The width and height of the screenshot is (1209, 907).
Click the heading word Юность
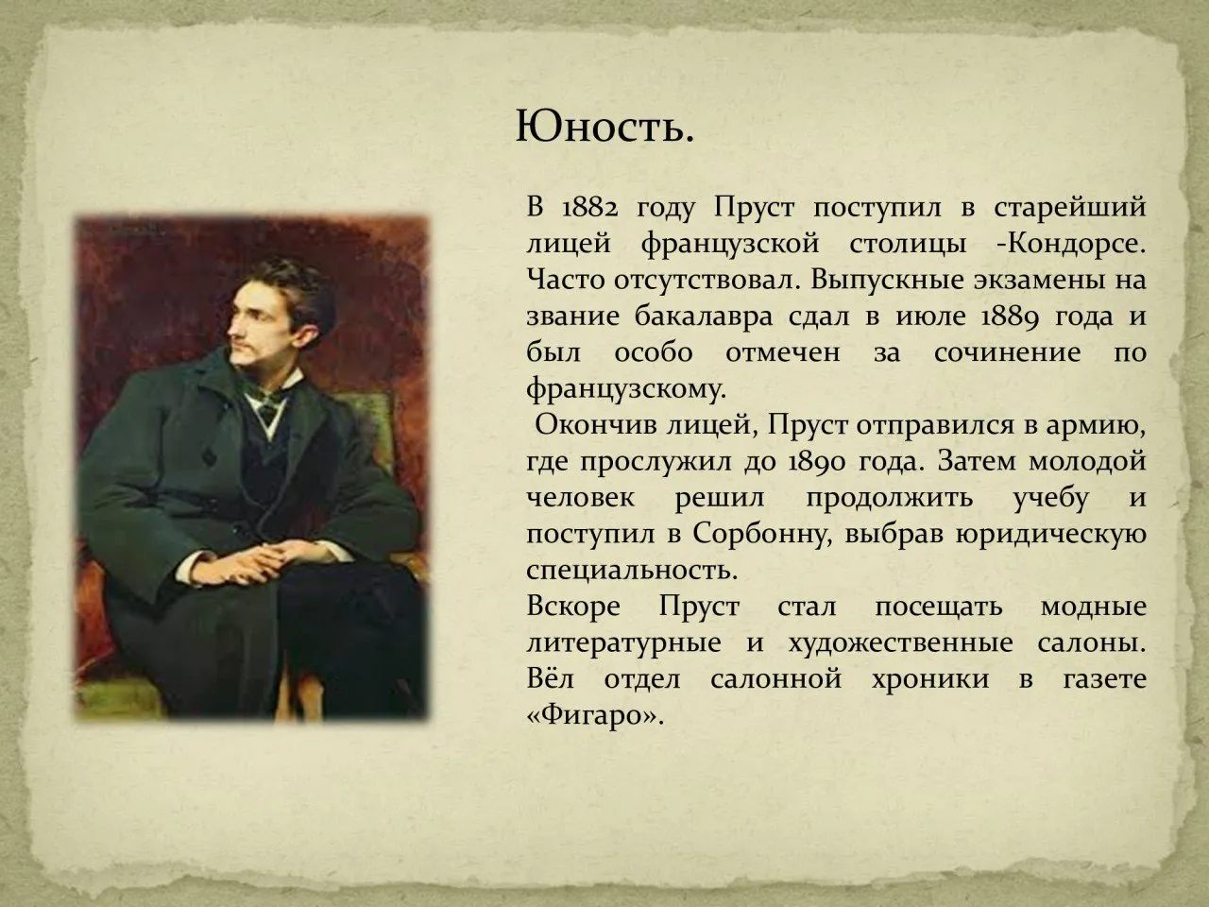click(604, 127)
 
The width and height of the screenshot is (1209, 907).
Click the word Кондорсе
click(1079, 244)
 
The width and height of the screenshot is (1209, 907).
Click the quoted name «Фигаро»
click(591, 715)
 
